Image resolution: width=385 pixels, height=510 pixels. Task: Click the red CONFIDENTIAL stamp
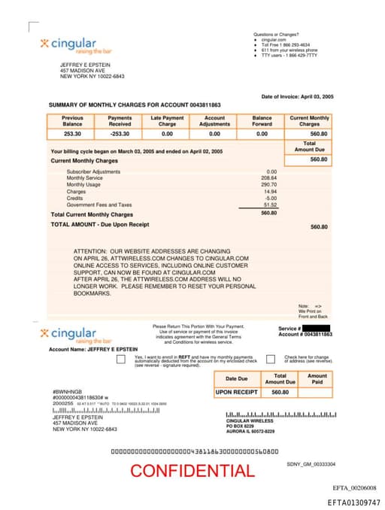(192, 472)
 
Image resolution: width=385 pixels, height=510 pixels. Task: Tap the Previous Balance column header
(72, 121)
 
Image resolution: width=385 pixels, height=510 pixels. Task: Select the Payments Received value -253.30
(120, 133)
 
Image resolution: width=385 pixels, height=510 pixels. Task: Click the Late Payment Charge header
(167, 121)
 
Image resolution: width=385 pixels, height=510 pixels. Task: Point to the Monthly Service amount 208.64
(268, 178)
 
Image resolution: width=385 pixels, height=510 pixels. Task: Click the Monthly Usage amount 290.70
(268, 184)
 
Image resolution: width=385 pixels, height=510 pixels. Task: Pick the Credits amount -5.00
(271, 198)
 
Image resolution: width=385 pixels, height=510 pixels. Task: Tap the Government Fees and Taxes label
(99, 205)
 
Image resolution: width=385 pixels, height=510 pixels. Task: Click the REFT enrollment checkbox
(120, 360)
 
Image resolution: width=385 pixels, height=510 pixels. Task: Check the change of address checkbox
(271, 360)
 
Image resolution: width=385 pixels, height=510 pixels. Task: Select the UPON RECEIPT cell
(236, 393)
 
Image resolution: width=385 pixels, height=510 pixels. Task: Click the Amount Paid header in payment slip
(317, 379)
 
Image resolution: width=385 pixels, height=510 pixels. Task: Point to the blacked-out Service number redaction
(317, 328)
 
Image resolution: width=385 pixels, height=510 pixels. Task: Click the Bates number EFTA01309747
(353, 502)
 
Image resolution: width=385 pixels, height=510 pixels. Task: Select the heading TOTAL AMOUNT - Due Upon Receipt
(99, 224)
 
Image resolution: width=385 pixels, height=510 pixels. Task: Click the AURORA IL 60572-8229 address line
(250, 432)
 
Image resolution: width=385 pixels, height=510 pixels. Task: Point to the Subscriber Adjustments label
(93, 172)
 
